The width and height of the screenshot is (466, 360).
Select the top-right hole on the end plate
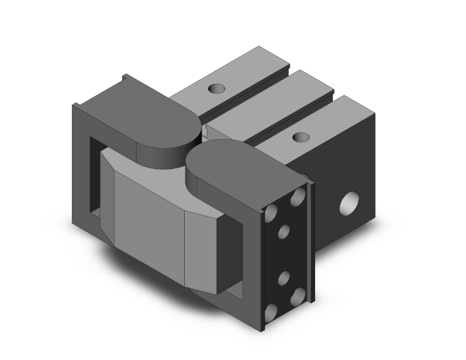coord(298,196)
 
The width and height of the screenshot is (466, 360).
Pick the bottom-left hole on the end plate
coord(272,311)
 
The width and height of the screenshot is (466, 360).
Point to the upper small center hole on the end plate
coord(284,232)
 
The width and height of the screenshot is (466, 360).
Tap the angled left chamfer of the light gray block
coord(108,194)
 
